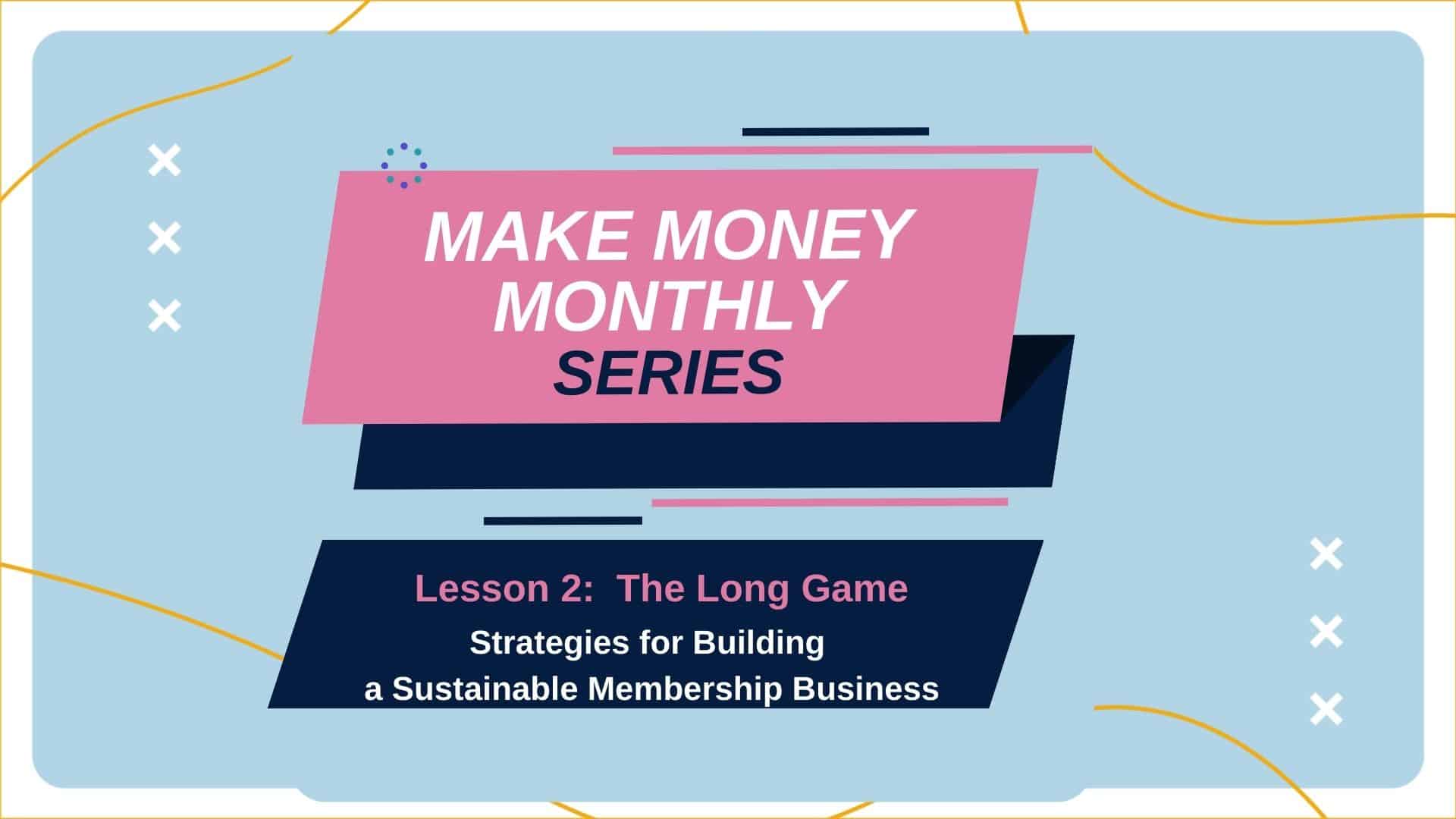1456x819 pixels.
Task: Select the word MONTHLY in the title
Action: coord(670,306)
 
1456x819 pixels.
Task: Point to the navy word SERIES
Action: coord(669,373)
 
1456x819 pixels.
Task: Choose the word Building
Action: coord(758,643)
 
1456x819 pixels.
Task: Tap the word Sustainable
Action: coord(485,689)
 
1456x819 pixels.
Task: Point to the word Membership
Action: coord(686,689)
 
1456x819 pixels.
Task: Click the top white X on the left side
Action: coord(165,162)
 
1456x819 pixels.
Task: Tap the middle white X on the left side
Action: coord(165,238)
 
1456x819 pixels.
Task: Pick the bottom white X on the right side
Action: coord(1326,709)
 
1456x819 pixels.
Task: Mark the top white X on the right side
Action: coord(1326,554)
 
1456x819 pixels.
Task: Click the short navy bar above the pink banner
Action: coord(836,131)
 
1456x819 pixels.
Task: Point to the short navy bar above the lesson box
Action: coord(563,521)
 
